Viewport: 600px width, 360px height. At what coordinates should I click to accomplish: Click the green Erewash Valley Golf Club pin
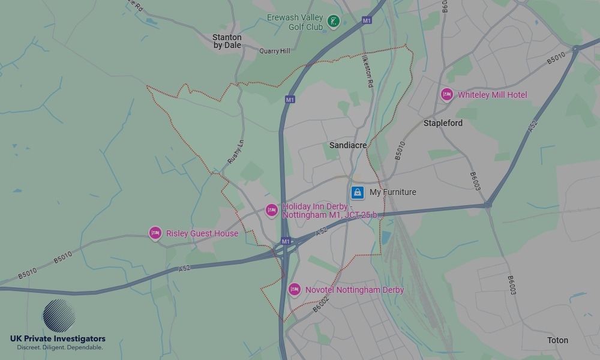coord(334,23)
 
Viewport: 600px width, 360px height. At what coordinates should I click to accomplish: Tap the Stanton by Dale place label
coord(227,41)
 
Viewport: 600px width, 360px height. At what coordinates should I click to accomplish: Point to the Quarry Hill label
coord(275,52)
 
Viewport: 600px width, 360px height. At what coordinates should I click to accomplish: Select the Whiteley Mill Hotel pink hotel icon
coord(446,94)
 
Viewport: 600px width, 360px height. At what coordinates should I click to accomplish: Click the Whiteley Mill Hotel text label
coord(492,95)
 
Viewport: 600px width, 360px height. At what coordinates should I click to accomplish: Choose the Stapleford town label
coord(443,123)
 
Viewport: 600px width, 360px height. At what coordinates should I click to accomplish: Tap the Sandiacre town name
coord(348,145)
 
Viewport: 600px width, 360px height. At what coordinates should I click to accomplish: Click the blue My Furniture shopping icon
coord(357,192)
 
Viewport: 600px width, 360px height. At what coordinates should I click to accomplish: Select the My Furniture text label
coord(392,192)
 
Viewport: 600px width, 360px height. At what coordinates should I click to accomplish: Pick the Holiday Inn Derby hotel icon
coord(271,210)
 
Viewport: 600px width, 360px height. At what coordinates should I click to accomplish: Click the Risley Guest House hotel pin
coord(155,233)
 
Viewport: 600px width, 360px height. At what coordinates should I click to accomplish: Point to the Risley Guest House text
coord(202,233)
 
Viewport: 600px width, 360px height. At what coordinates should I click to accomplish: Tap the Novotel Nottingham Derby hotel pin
coord(294,289)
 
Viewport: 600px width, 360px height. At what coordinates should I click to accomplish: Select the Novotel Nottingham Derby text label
coord(354,290)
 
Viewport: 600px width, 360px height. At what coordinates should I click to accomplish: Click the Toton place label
coord(557,340)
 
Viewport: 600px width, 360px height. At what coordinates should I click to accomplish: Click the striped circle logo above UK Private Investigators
coord(59,316)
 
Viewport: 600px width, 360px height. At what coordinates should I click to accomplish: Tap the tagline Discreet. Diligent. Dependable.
coord(59,347)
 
